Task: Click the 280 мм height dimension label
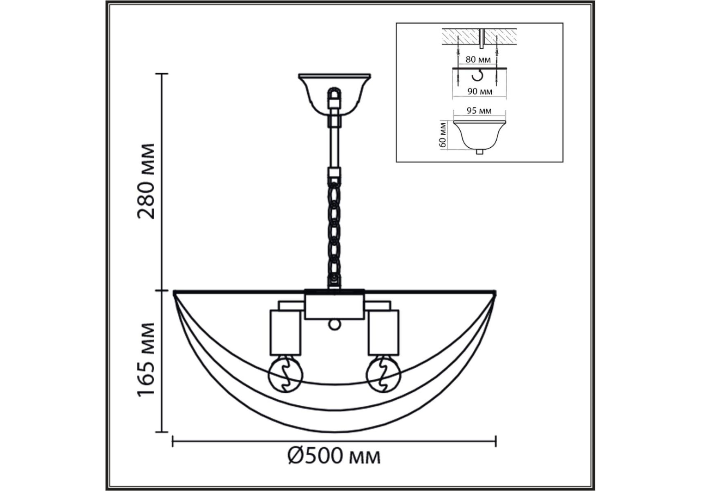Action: coord(147,181)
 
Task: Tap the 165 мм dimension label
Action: coord(147,359)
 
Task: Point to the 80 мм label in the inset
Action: coord(478,60)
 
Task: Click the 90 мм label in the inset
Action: coord(480,91)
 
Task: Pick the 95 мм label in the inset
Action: coord(479,111)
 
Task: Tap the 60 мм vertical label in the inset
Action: coord(442,135)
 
